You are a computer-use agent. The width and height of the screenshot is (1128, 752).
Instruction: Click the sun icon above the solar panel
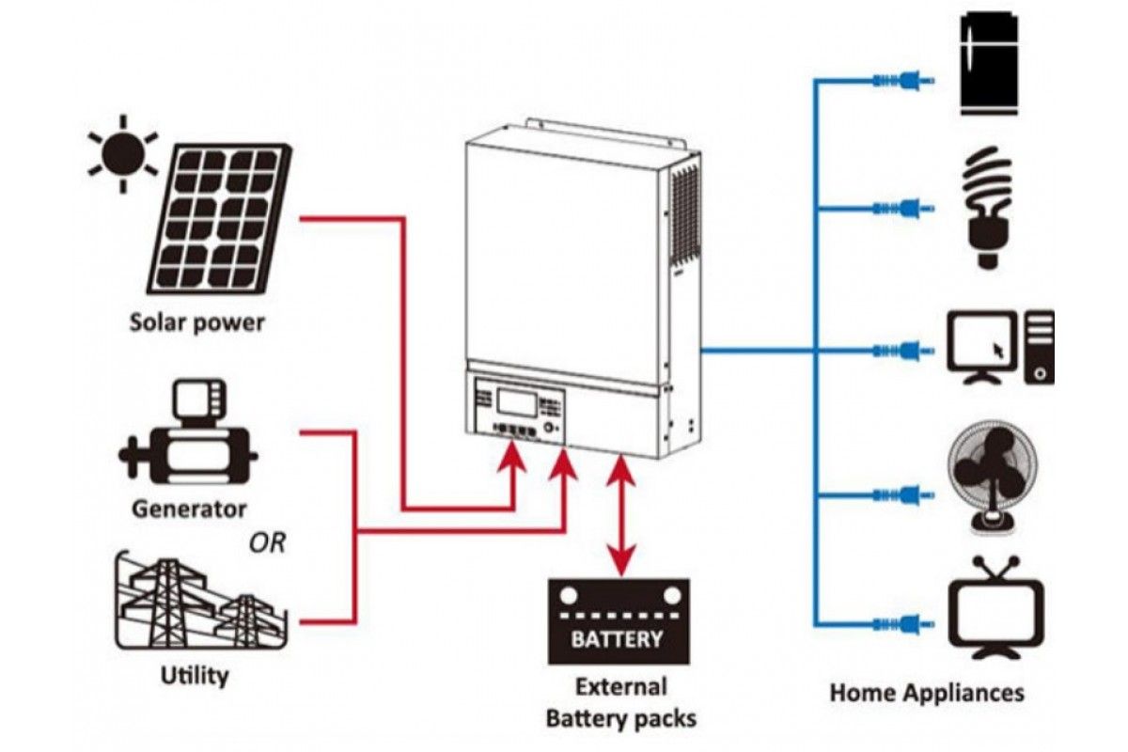pos(121,151)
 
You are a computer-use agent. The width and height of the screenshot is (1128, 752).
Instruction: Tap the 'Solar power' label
pos(196,323)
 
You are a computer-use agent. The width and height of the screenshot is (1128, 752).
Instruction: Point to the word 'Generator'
pos(189,509)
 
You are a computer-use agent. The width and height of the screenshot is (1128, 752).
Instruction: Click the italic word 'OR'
pos(267,543)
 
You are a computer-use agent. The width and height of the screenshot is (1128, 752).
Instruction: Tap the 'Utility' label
pos(195,674)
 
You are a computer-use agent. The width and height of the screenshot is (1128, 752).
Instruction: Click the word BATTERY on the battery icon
pos(618,640)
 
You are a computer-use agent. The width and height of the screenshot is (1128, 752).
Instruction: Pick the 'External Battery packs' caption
pos(620,702)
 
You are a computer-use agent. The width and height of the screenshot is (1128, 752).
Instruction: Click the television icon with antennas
pos(995,607)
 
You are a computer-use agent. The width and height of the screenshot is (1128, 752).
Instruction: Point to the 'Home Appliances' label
pos(926,694)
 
